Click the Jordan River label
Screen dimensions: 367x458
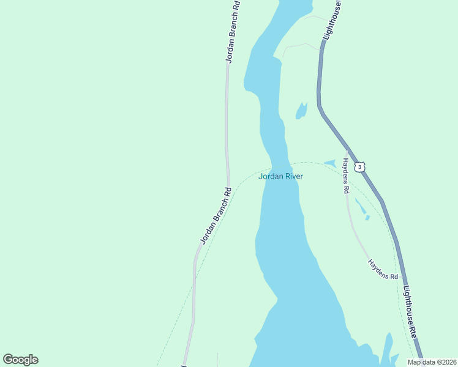(280, 177)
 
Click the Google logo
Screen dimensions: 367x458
(20, 360)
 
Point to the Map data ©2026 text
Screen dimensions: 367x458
(431, 362)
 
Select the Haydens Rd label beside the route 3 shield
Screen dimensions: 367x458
(345, 176)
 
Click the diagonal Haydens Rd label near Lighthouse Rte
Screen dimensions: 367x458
(383, 269)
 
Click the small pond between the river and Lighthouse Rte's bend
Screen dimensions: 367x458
(301, 111)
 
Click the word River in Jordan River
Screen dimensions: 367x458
(293, 177)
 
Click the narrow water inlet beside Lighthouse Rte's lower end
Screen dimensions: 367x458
(386, 349)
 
